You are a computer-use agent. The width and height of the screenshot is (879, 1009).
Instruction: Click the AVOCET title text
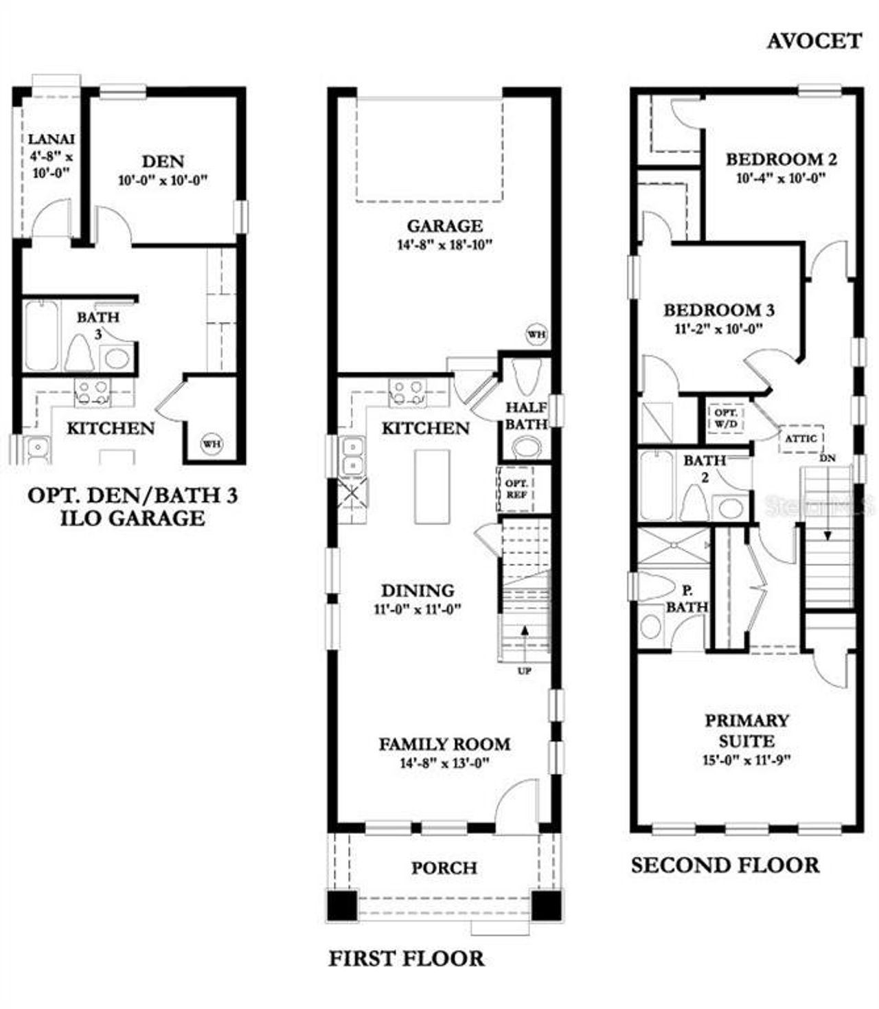[814, 41]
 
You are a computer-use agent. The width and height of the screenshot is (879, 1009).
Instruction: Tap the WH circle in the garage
[536, 335]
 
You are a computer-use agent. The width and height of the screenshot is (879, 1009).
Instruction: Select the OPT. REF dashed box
[516, 488]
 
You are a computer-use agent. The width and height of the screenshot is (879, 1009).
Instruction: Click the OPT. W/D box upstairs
[726, 418]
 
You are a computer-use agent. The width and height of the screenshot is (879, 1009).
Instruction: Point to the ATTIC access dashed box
[801, 438]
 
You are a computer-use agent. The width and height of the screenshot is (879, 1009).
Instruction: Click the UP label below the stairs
[524, 671]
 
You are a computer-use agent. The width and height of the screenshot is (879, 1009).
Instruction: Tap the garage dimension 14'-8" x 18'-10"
[445, 245]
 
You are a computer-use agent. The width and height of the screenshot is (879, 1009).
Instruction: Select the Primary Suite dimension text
[747, 760]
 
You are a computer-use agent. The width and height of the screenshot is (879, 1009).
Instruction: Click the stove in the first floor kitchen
[407, 392]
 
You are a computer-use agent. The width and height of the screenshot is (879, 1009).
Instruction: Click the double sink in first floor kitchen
[353, 456]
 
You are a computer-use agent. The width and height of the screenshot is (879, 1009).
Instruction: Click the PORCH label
[444, 868]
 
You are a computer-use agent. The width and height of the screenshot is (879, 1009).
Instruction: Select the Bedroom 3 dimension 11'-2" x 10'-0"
[719, 328]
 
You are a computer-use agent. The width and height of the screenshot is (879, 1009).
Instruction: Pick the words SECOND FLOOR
[725, 865]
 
